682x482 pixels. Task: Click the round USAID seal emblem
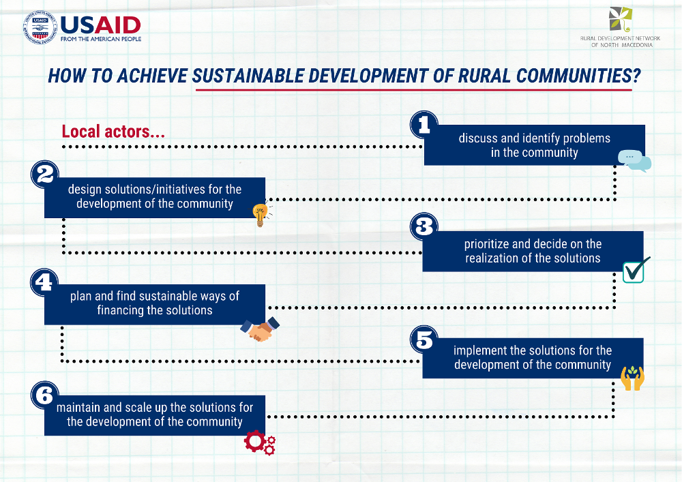40,27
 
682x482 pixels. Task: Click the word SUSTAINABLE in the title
248,76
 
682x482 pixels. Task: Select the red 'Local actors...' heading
113,132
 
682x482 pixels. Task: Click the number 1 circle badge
424,125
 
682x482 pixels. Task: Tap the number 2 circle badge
45,175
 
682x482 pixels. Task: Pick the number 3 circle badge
424,226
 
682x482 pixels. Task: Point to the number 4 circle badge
44,282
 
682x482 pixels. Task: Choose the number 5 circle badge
424,340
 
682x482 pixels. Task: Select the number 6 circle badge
44,395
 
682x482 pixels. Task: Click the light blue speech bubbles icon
634,161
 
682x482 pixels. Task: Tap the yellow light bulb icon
261,215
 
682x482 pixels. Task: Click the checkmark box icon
636,270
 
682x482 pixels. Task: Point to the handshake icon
260,329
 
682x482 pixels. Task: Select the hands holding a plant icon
632,378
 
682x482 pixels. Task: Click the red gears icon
260,442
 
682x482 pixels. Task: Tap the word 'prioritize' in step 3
486,244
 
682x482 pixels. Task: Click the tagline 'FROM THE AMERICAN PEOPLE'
101,39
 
